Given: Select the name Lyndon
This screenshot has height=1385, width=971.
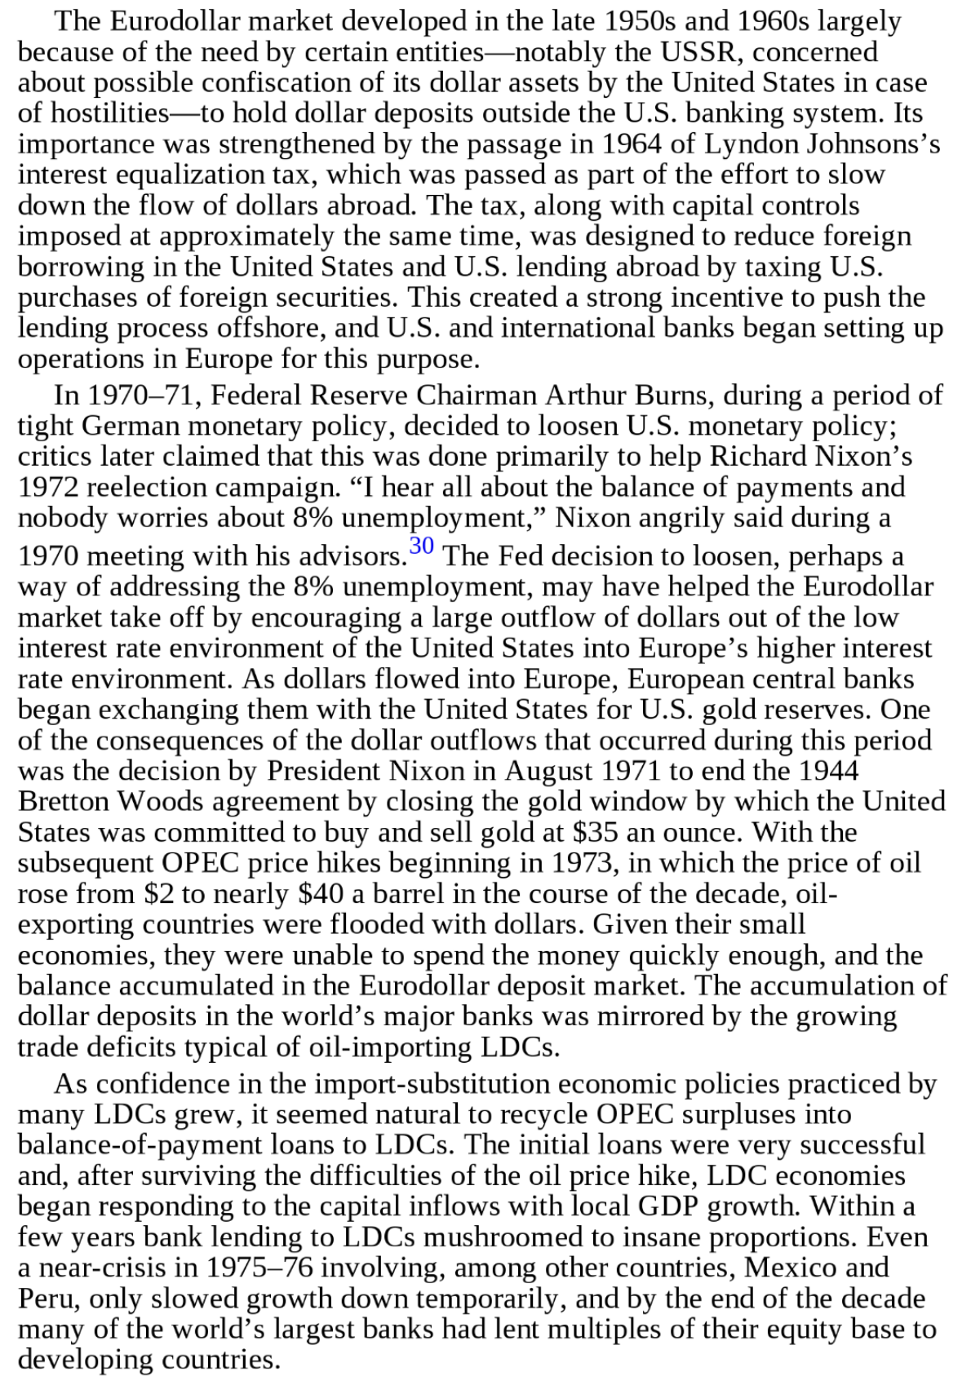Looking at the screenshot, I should (751, 144).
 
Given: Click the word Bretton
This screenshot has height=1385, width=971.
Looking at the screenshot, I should (65, 802).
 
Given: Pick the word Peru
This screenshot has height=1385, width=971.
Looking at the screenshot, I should (46, 1299).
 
